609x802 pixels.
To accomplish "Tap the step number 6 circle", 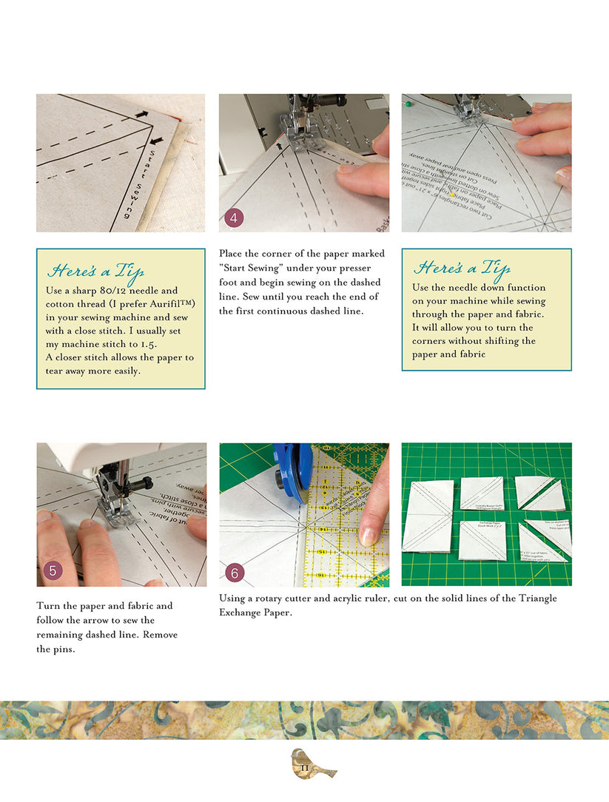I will coord(234,572).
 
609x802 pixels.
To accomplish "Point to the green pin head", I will coord(408,104).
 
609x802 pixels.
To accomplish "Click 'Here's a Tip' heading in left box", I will coord(95,271).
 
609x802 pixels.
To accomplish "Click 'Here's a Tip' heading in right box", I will coord(461,267).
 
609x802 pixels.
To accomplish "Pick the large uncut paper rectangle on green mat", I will coord(427,516).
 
